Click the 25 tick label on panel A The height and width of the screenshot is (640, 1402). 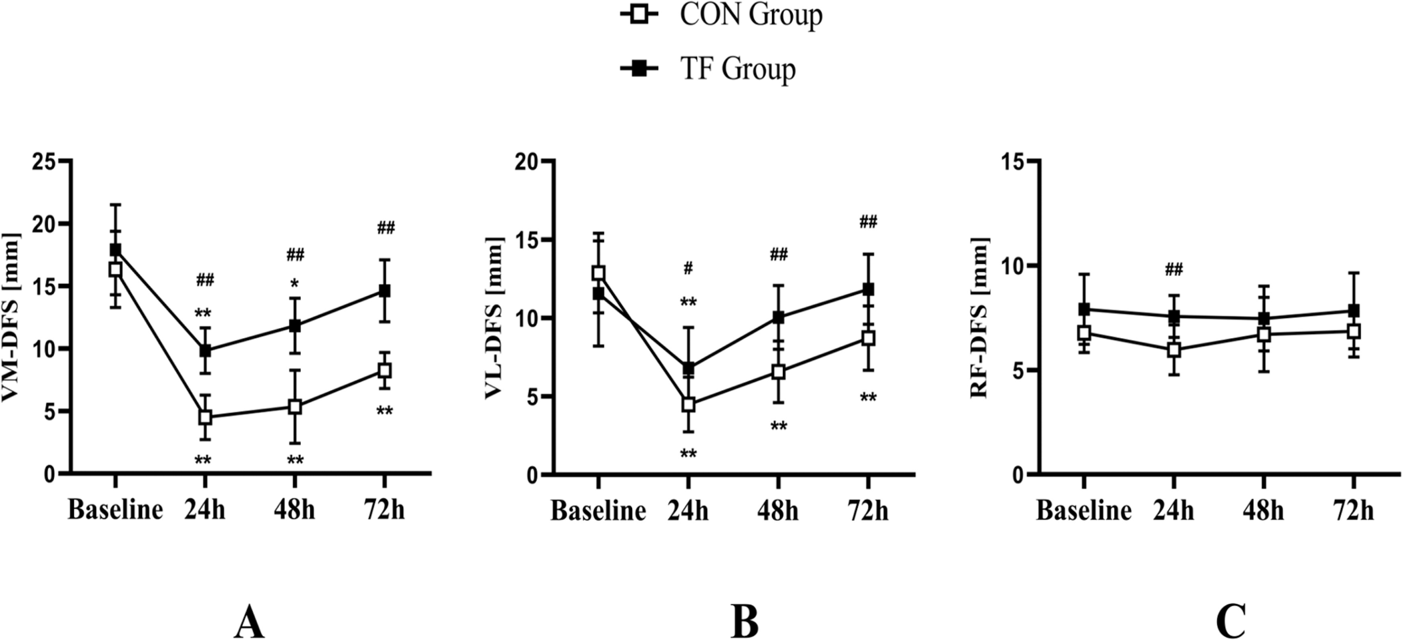coord(45,162)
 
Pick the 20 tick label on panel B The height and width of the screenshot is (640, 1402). coord(529,162)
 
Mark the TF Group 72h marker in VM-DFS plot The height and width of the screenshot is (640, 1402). coord(384,291)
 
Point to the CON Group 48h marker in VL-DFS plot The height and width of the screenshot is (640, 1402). coord(778,372)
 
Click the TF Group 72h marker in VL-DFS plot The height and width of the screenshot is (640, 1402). coord(868,289)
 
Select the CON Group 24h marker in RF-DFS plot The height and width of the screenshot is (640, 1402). coord(1174,350)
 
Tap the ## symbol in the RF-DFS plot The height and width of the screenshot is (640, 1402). coord(1174,269)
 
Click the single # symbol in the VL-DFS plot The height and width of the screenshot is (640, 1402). coord(688,268)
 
